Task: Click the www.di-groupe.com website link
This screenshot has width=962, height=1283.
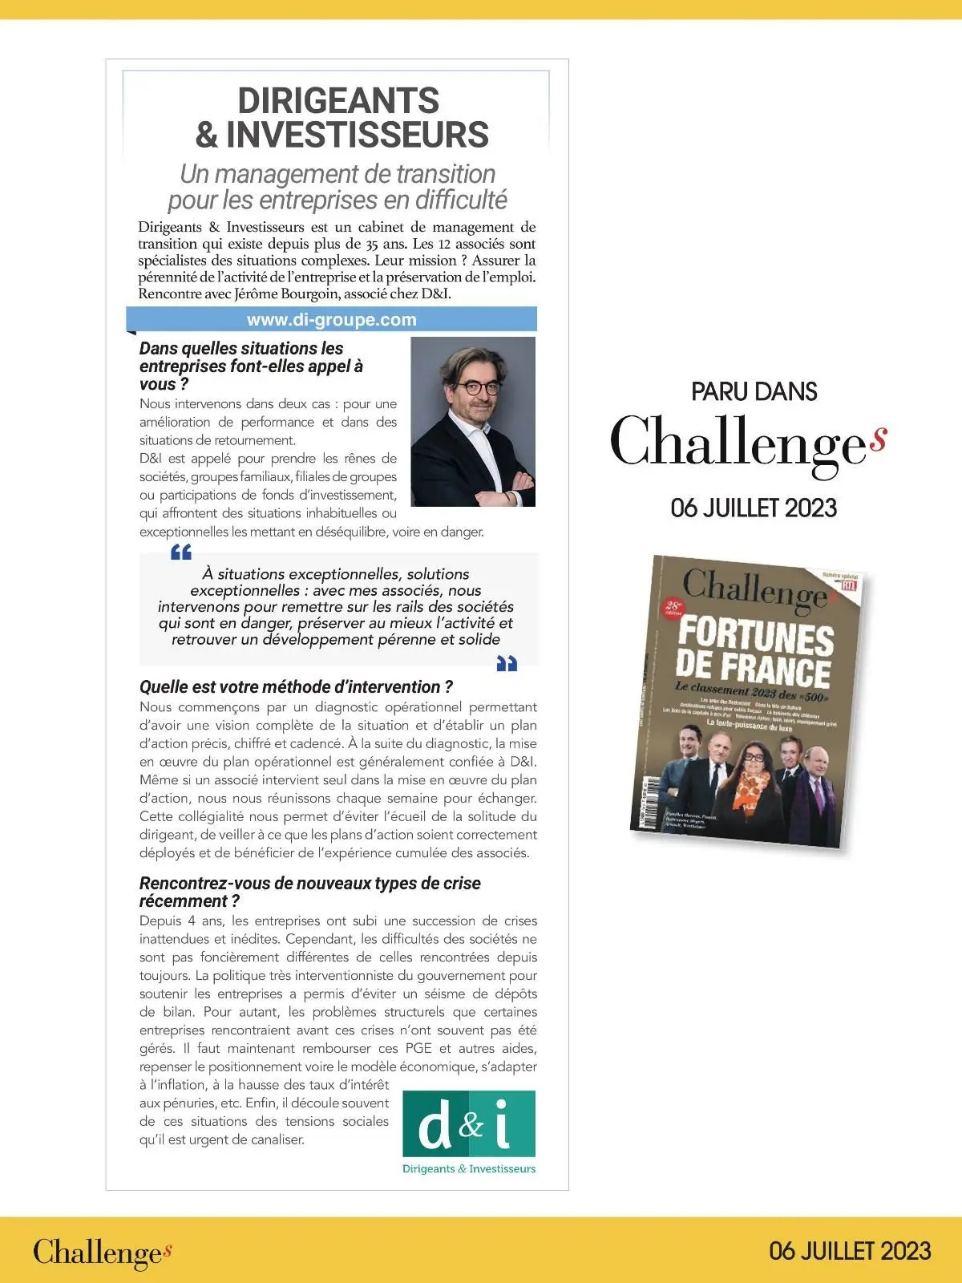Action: tap(331, 320)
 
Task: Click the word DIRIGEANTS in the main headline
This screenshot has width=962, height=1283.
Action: tap(338, 101)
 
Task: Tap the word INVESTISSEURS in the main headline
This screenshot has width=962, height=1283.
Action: tap(358, 135)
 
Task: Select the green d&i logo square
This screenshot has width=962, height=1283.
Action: tap(468, 1123)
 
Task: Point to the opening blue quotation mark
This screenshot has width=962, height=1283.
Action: tap(181, 552)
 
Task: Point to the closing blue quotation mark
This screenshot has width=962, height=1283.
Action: tap(507, 663)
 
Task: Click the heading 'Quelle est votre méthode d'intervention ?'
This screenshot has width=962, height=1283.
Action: tap(296, 687)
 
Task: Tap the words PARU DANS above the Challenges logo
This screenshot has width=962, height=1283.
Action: tap(754, 392)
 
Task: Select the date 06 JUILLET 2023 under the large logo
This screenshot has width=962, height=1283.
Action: tap(754, 508)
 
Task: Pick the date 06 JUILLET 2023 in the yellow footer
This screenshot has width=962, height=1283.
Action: tap(850, 1251)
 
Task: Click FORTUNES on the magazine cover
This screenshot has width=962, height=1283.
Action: tap(756, 639)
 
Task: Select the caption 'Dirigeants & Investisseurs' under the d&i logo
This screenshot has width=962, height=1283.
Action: tap(468, 1169)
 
